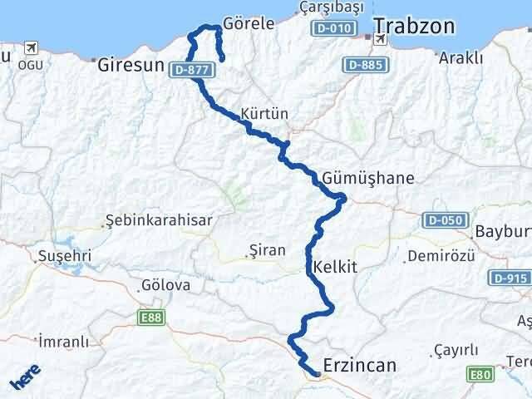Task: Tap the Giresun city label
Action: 129,64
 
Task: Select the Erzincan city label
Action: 359,365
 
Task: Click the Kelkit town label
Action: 336,268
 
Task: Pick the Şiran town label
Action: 267,249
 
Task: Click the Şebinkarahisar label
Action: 159,220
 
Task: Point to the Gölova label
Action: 166,285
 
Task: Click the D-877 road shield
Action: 190,71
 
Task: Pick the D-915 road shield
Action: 509,278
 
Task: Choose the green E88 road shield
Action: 151,317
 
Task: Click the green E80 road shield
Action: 480,375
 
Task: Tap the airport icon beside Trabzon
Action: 382,38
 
